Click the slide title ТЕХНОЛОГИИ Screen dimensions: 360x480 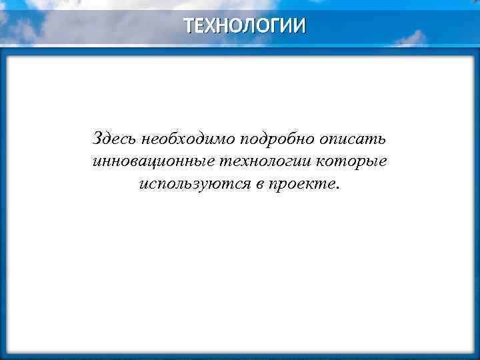click(x=245, y=26)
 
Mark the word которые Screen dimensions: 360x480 click(x=353, y=162)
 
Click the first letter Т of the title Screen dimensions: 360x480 click(x=189, y=26)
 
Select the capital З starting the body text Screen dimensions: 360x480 click(x=98, y=139)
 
